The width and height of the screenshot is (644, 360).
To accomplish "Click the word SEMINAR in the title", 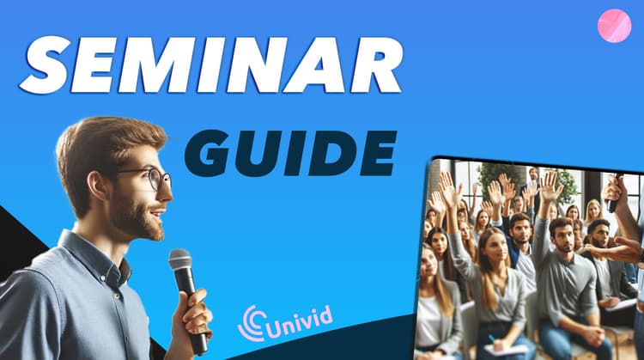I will (x=210, y=65).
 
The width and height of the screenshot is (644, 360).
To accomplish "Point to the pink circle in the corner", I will (x=614, y=26).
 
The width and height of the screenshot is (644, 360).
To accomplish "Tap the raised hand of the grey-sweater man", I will (x=550, y=186).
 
